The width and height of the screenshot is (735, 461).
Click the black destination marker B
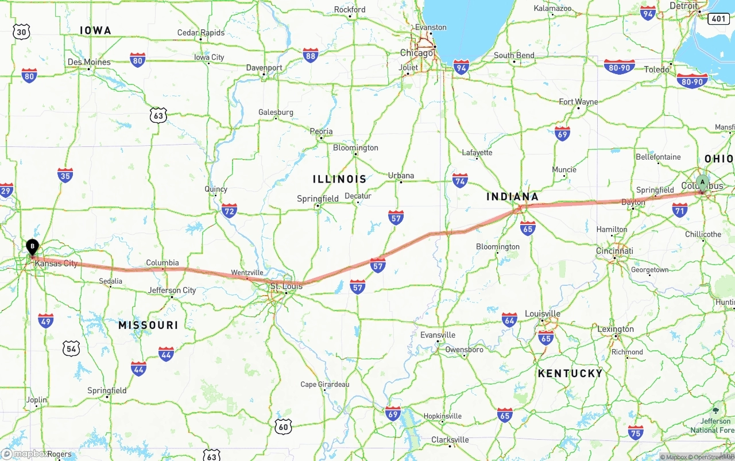[x=33, y=247]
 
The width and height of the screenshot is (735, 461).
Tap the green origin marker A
[x=702, y=183]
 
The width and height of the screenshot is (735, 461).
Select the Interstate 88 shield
[x=311, y=55]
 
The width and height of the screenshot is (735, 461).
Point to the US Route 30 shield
[x=21, y=32]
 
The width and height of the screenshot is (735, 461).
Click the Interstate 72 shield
[x=229, y=211]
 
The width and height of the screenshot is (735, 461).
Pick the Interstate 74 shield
[x=460, y=180]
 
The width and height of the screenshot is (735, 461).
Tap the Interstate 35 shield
[x=65, y=175]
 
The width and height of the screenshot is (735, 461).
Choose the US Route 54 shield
[x=71, y=348]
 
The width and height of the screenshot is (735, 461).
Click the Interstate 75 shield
[x=636, y=432]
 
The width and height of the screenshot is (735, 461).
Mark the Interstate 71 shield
[x=680, y=210]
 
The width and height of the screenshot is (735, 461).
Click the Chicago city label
[x=417, y=53]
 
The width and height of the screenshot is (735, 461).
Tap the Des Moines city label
[x=89, y=62]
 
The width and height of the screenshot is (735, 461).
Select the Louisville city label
[x=543, y=313]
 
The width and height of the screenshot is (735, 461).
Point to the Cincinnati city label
[x=614, y=251]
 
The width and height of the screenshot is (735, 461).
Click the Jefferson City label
[x=172, y=290]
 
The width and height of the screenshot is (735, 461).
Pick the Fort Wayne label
[x=578, y=102]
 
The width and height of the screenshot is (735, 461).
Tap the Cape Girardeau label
[x=325, y=384]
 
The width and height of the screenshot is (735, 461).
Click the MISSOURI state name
[x=148, y=325]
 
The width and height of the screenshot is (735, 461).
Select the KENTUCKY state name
[x=570, y=373]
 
